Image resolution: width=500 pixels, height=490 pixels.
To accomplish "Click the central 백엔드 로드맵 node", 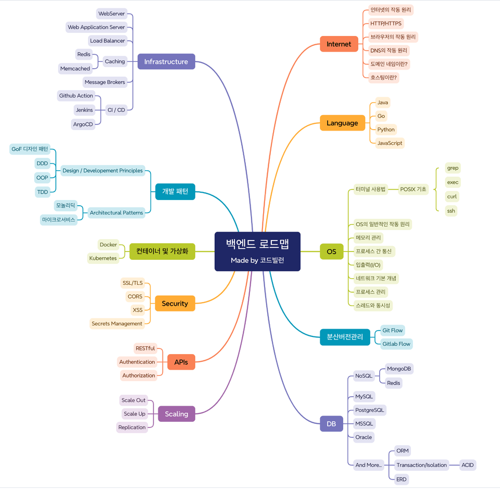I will (x=257, y=251).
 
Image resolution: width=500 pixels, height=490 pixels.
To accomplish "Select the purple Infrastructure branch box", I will (x=166, y=61).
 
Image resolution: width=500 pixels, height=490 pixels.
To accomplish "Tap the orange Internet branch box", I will (x=339, y=44).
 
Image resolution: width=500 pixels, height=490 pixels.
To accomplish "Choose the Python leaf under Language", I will (x=386, y=130).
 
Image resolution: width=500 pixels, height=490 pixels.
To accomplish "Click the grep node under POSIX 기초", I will (x=453, y=168).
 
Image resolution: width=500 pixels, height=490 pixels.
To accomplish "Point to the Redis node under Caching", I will (x=84, y=55).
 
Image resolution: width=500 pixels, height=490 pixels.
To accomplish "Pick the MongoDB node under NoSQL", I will (x=399, y=369).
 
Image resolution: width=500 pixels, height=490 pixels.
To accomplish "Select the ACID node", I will (x=467, y=465).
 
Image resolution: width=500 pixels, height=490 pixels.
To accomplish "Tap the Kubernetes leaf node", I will (x=103, y=258).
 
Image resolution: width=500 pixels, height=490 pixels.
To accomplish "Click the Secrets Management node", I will (x=117, y=324).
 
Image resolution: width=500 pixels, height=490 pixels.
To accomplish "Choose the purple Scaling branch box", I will (x=177, y=414).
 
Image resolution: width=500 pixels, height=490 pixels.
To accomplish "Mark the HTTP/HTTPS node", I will (x=386, y=23).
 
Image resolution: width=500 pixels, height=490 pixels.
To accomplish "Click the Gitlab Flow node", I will (x=396, y=344).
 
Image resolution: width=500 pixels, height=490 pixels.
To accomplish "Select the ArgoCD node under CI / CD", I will (x=83, y=124).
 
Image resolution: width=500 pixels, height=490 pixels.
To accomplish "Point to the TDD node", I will (x=43, y=192).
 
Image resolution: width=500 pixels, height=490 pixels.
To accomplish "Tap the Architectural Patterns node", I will (x=116, y=212).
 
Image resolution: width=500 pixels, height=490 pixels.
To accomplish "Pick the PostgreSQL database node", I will (x=369, y=410).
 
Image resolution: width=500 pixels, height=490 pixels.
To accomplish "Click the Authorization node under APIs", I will (x=139, y=375).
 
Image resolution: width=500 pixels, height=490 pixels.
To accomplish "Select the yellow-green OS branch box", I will (x=331, y=252).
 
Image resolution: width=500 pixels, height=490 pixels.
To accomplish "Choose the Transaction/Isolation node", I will (x=421, y=465).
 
